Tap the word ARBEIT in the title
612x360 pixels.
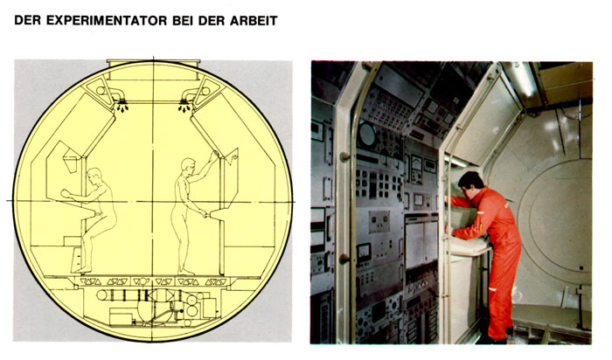(254, 20)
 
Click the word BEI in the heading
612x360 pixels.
(183, 20)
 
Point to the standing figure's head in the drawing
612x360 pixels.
(188, 165)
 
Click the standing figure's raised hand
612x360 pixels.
(214, 155)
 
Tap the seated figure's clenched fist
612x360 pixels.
(66, 193)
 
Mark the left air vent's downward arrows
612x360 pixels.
(123, 107)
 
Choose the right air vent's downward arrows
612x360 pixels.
(184, 107)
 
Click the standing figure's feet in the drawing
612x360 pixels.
(185, 272)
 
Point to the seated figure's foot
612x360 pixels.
(82, 269)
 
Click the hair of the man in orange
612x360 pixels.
(472, 178)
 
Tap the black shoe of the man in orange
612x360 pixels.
(495, 339)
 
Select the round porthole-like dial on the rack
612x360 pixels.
(367, 135)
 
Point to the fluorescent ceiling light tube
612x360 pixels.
(524, 80)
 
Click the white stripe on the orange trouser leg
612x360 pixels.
(493, 289)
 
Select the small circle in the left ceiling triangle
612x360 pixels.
(101, 91)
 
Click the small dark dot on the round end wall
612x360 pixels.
(581, 268)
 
